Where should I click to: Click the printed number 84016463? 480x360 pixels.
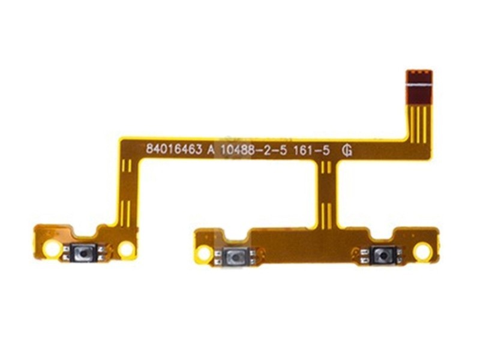[174, 149]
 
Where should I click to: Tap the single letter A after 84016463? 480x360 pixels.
[211, 149]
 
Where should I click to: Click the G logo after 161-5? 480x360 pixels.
[347, 151]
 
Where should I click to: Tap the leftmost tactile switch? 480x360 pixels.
[83, 253]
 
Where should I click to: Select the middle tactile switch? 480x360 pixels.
[235, 257]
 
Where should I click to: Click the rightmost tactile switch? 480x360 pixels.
[381, 256]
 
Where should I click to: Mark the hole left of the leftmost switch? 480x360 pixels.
[52, 248]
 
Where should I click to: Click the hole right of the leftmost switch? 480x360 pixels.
[126, 249]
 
